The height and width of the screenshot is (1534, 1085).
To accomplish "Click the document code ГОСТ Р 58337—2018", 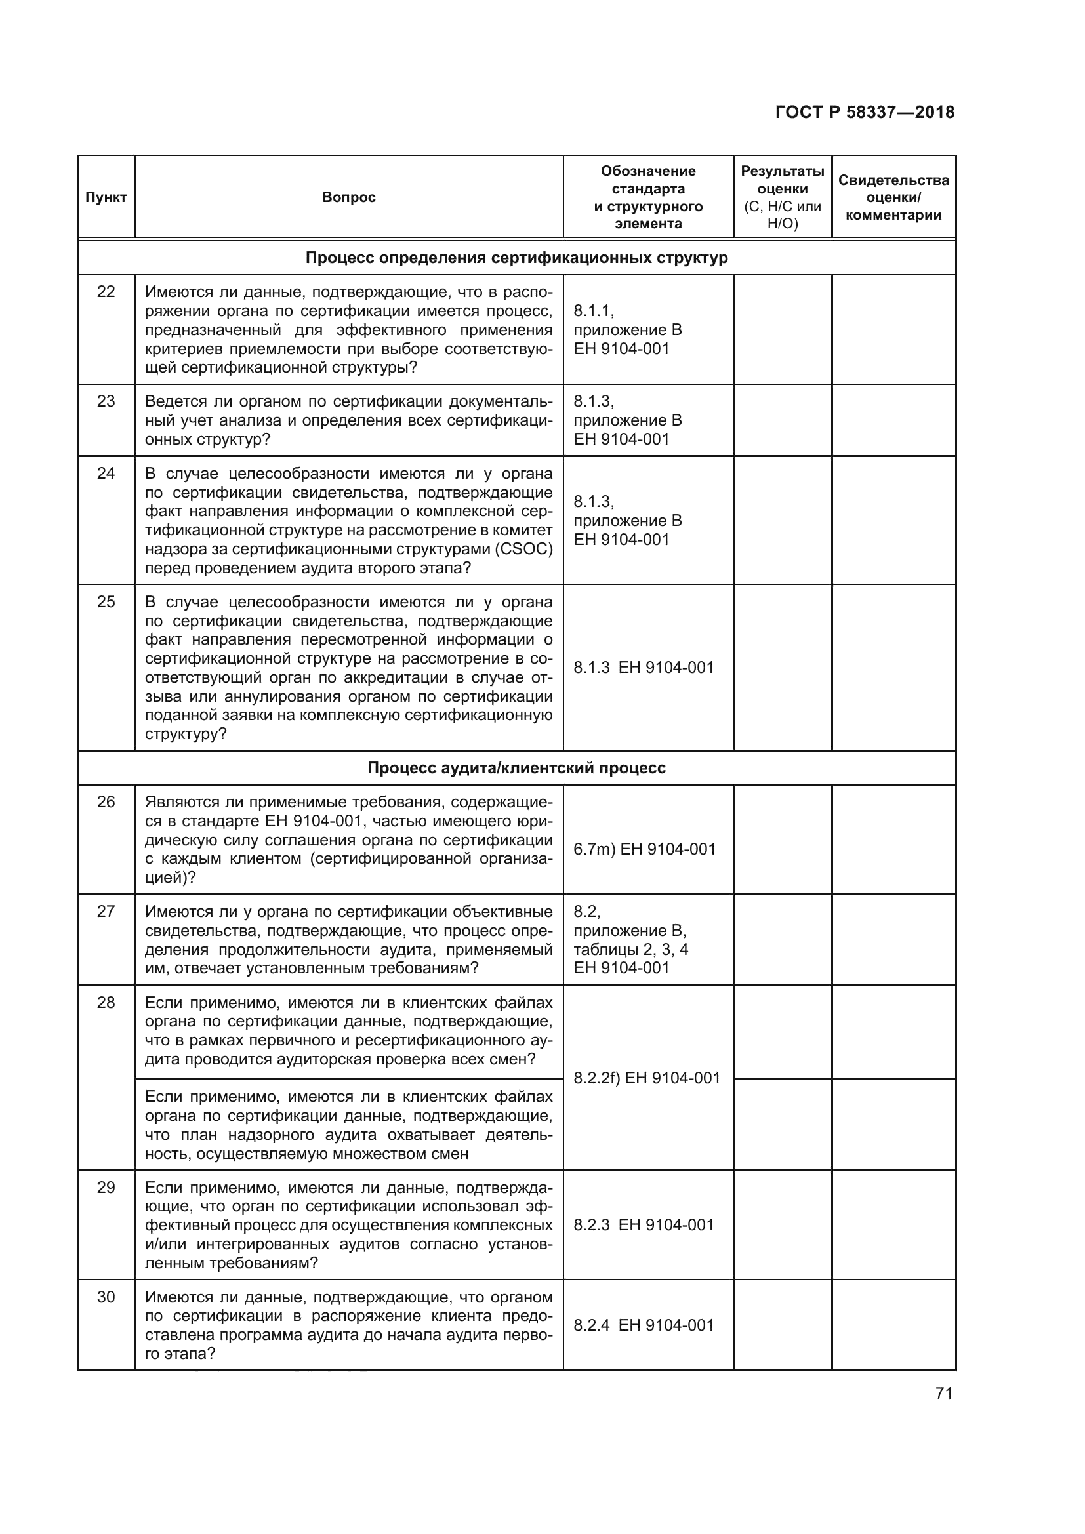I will tap(865, 112).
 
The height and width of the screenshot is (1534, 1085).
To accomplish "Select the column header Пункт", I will tap(106, 197).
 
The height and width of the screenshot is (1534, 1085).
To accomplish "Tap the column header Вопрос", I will tap(348, 197).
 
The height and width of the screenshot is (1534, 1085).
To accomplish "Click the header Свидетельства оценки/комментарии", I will tap(893, 197).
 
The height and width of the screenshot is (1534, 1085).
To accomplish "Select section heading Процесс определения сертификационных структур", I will tap(516, 258).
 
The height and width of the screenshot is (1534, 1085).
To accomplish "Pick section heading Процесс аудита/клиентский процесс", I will tap(516, 768).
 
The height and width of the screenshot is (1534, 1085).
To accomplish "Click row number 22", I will tap(106, 292).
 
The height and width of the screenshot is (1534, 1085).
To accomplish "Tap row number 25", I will tap(106, 602).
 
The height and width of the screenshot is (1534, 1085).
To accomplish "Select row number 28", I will tap(106, 1002).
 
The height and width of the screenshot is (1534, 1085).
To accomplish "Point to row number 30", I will tap(106, 1297).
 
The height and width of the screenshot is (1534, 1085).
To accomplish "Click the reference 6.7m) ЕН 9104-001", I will tap(644, 849).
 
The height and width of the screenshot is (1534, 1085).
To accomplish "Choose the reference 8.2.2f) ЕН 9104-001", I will tap(647, 1078).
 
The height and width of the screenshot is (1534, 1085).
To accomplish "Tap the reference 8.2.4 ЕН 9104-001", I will tap(644, 1325).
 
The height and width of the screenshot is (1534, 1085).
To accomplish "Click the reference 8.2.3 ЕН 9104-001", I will tap(644, 1224).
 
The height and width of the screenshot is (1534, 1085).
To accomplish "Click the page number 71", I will tap(943, 1393).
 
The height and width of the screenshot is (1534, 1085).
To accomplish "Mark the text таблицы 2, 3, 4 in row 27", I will tap(630, 950).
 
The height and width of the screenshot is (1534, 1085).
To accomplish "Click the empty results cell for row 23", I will tap(783, 420).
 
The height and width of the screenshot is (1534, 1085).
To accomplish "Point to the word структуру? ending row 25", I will tap(186, 735).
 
